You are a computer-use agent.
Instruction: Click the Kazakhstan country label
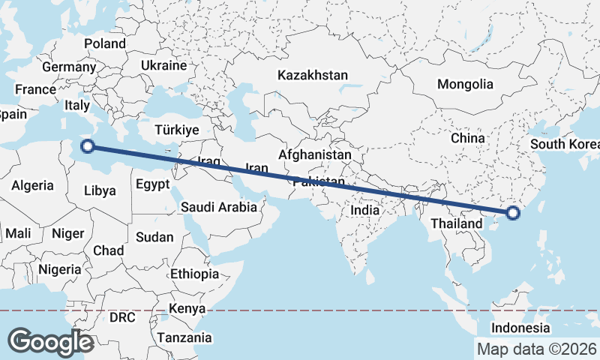tap(313, 75)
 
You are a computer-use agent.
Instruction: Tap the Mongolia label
tap(465, 84)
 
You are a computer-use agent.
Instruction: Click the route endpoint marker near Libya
tap(87, 147)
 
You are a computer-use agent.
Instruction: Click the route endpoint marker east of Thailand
tap(513, 213)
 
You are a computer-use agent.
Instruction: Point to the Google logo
tap(50, 341)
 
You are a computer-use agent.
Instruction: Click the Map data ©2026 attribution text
tap(536, 349)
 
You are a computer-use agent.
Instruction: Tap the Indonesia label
tap(520, 328)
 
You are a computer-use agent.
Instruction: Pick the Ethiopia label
tap(194, 274)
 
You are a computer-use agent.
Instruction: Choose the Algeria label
tap(32, 185)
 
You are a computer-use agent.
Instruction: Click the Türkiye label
tap(176, 130)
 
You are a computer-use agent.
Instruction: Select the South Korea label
tap(564, 144)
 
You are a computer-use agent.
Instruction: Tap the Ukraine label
tap(163, 65)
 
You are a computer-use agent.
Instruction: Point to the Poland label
tap(104, 43)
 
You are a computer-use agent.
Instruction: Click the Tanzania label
tap(184, 337)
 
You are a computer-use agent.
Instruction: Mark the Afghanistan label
tap(314, 154)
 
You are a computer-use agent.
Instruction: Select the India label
tap(365, 211)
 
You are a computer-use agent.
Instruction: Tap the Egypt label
tap(153, 184)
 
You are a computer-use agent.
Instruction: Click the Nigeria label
tap(59, 268)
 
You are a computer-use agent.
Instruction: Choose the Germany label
tap(69, 67)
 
